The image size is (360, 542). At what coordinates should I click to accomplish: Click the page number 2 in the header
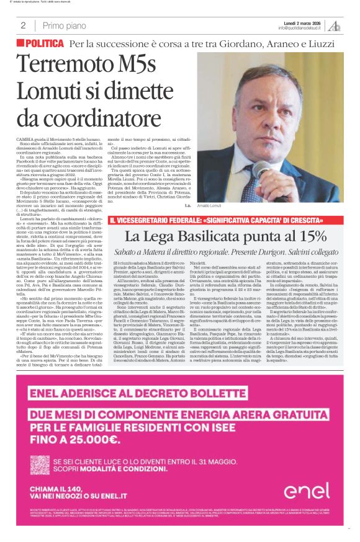pos(23,25)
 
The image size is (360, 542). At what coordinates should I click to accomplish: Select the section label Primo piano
pos(65,25)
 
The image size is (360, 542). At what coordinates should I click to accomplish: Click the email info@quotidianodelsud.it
pos(300,27)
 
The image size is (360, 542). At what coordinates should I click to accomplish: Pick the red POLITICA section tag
pos(41,43)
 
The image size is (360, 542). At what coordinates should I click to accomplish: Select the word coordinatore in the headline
pos(83,116)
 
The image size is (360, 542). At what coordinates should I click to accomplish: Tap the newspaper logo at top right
pos(336,25)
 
